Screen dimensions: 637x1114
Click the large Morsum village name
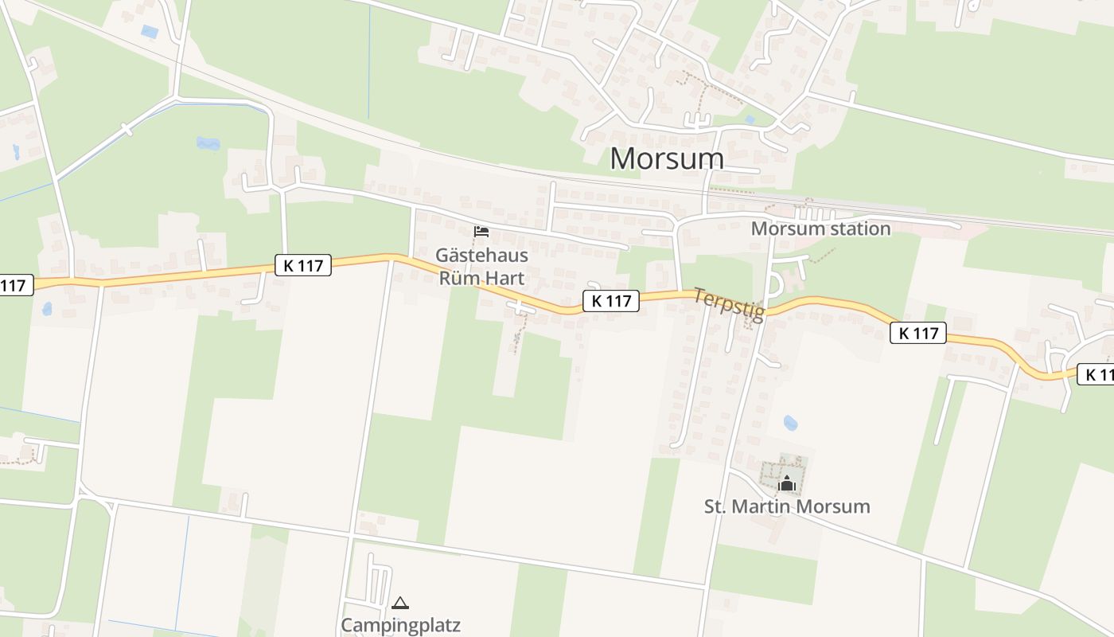coord(667,158)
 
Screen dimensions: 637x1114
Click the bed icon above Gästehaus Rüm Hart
coord(481,232)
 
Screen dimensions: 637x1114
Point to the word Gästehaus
coord(481,256)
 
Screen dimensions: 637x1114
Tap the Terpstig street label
coord(728,305)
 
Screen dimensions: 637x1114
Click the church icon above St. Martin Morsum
coord(787,483)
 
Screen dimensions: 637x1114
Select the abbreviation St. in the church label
coord(716,506)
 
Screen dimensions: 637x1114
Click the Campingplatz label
coord(400,625)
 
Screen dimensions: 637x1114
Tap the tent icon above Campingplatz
coord(400,603)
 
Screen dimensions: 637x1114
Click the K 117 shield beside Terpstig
coord(611,301)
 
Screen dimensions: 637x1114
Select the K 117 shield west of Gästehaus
coord(303,265)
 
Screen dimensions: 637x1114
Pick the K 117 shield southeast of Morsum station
coord(918,333)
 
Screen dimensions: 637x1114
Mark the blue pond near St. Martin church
coord(790,423)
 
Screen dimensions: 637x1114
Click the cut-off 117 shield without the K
coord(14,285)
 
